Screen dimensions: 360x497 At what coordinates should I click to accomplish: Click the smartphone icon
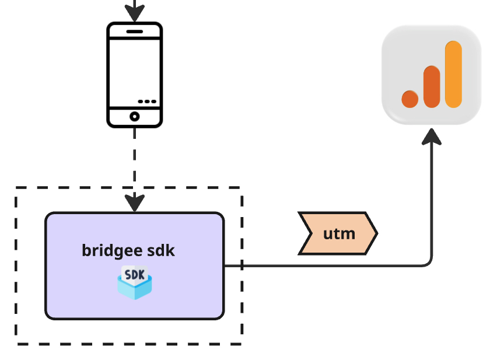pyautogui.click(x=134, y=74)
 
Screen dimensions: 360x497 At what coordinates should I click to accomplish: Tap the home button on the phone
pyautogui.click(x=134, y=116)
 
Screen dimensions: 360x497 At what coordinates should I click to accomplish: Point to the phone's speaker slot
pyautogui.click(x=134, y=31)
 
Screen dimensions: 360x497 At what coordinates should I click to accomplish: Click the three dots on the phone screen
pyautogui.click(x=147, y=101)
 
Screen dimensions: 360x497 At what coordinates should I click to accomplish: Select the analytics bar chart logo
pyautogui.click(x=431, y=75)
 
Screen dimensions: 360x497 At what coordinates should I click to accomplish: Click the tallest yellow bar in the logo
pyautogui.click(x=453, y=74)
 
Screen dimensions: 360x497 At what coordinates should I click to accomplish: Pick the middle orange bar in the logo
pyautogui.click(x=432, y=86)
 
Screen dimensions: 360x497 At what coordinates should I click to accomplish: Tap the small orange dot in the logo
pyautogui.click(x=410, y=99)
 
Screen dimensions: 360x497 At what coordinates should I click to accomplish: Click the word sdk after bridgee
pyautogui.click(x=162, y=251)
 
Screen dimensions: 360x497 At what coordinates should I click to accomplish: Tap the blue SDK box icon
pyautogui.click(x=135, y=282)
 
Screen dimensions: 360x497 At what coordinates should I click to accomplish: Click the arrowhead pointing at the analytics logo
pyautogui.click(x=432, y=137)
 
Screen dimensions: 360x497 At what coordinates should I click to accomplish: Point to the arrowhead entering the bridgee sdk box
pyautogui.click(x=135, y=203)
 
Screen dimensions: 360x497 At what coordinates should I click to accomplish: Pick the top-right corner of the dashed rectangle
pyautogui.click(x=241, y=188)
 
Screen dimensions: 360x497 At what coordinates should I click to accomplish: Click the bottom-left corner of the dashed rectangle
pyautogui.click(x=16, y=343)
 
